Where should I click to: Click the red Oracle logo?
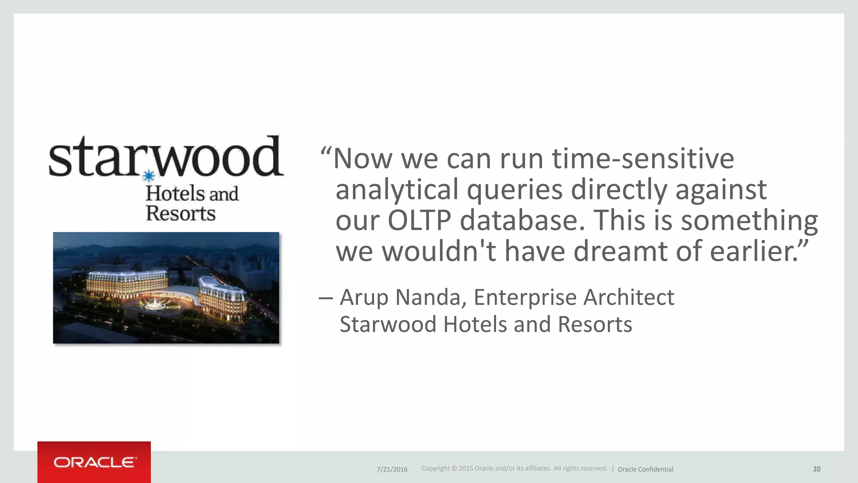(94, 462)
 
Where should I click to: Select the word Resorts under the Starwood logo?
(181, 213)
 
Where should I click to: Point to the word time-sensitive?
(643, 158)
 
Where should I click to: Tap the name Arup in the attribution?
(364, 298)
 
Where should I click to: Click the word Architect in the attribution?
(628, 298)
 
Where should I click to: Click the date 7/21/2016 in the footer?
(392, 469)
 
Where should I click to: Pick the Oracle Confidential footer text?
(645, 469)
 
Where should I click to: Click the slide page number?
(817, 469)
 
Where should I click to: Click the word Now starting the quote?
(363, 158)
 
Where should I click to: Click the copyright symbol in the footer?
(454, 468)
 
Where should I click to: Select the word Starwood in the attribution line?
(388, 325)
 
